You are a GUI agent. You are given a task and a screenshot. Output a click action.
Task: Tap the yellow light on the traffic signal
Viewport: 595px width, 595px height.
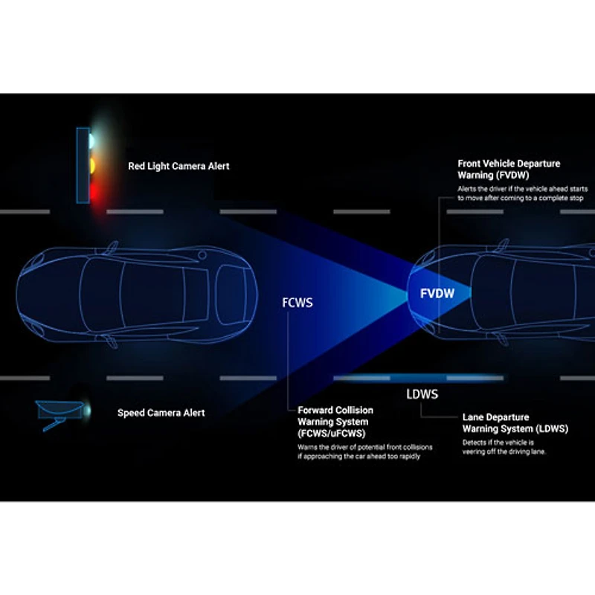93,165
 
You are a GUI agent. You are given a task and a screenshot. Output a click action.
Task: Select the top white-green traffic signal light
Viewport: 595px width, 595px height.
92,139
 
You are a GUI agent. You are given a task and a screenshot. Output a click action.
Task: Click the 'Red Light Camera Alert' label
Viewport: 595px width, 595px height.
178,167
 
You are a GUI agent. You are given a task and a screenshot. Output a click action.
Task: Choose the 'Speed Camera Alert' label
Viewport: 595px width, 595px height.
161,413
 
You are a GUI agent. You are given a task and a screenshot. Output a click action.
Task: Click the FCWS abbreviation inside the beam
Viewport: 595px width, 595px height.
297,303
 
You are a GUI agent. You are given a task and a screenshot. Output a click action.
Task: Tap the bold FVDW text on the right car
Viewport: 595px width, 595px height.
437,294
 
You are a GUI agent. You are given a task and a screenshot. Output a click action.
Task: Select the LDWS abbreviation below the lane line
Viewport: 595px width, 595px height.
422,393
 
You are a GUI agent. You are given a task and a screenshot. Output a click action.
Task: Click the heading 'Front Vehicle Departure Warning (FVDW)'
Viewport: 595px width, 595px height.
509,169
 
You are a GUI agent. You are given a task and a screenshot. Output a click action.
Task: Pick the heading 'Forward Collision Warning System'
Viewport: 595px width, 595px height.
335,422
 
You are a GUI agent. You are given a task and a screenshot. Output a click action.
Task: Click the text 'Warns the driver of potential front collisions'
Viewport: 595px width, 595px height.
365,447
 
